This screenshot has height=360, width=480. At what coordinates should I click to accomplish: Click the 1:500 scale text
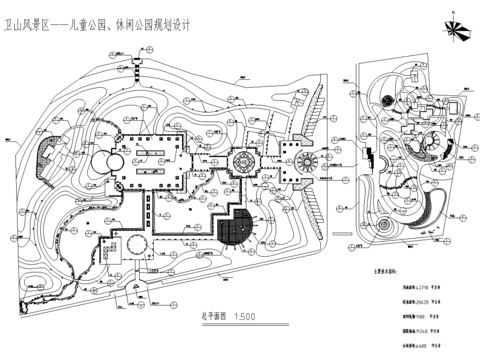pyautogui.click(x=243, y=317)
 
